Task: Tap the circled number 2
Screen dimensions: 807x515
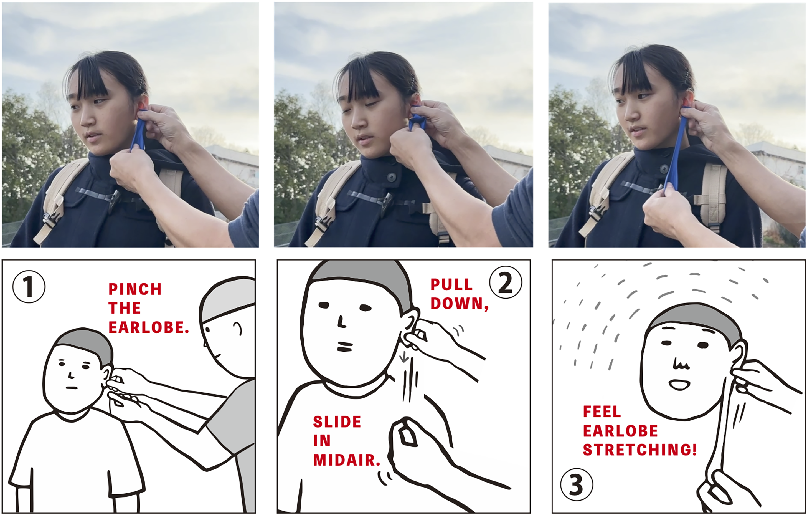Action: pos(505,283)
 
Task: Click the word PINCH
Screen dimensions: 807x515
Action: pos(135,289)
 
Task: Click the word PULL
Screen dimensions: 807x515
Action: pos(451,285)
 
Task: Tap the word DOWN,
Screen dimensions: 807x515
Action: pos(460,304)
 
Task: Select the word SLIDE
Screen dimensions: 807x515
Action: pos(337,422)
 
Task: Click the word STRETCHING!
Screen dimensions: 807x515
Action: pos(640,450)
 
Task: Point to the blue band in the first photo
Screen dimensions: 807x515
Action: pos(139,129)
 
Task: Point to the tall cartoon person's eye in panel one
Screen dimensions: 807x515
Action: pos(207,330)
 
